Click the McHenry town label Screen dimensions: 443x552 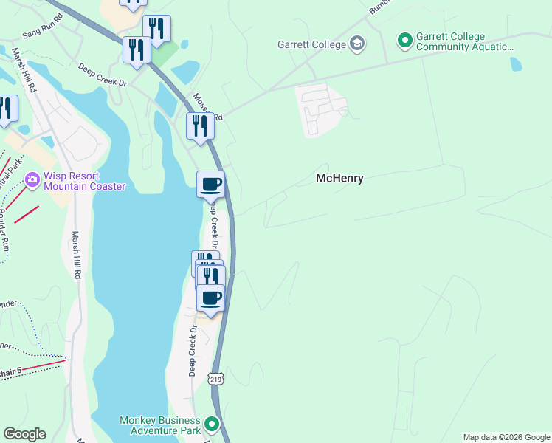(339, 178)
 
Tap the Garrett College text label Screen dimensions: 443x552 (311, 44)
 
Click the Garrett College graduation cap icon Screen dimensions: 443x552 (358, 44)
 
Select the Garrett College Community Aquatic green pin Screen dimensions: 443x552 (404, 39)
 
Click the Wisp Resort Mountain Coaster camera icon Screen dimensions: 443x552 (32, 179)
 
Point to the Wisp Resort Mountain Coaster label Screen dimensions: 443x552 (84, 181)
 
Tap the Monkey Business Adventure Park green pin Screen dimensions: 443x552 (213, 424)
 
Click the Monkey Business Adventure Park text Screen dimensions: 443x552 (160, 425)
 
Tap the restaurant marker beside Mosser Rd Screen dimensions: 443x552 (200, 126)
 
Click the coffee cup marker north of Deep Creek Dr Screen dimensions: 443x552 (210, 184)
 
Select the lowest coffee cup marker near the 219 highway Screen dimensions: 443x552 (210, 298)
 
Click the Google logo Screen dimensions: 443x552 (24, 434)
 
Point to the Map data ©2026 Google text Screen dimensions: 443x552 (506, 437)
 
